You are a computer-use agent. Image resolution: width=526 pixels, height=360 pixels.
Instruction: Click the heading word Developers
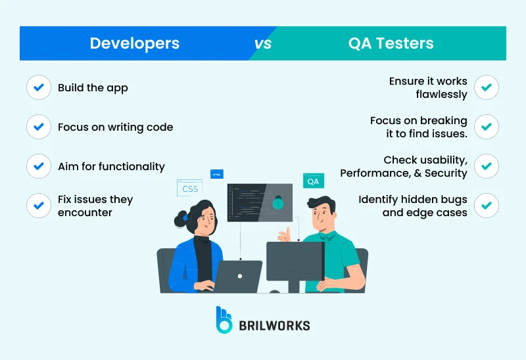(x=134, y=43)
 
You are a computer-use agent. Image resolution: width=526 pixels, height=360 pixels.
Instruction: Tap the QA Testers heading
(x=391, y=43)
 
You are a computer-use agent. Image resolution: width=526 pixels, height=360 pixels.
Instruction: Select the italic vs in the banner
(x=263, y=44)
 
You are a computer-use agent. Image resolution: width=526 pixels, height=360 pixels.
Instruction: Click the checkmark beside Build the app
(x=39, y=87)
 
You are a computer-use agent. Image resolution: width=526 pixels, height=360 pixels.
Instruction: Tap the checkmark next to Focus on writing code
(x=39, y=127)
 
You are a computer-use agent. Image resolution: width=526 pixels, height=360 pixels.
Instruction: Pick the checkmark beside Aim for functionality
(x=39, y=166)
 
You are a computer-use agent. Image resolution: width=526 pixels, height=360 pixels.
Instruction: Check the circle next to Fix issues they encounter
(x=39, y=206)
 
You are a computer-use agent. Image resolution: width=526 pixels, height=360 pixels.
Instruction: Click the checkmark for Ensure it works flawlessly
(x=487, y=87)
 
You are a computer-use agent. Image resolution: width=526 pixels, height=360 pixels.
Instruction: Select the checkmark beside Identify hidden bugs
(x=487, y=206)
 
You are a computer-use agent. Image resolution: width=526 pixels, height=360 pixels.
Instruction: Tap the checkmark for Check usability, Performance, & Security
(x=487, y=166)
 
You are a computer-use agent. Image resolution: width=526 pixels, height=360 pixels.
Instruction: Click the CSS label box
(x=189, y=189)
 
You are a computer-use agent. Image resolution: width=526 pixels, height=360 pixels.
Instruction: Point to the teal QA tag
(x=313, y=181)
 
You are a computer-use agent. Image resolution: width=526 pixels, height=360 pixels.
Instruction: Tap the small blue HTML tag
(x=216, y=173)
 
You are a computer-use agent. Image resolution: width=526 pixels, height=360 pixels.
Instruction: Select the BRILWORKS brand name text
(x=274, y=325)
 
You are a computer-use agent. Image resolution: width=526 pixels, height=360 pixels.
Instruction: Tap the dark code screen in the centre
(x=260, y=206)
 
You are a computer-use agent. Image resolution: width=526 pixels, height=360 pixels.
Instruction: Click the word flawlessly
(x=441, y=94)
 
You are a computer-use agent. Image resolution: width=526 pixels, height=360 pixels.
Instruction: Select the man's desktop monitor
(x=295, y=261)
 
